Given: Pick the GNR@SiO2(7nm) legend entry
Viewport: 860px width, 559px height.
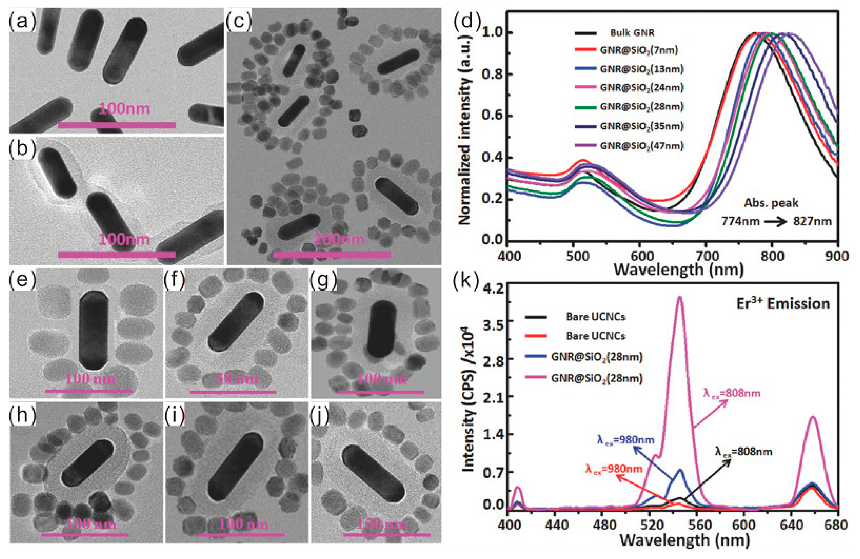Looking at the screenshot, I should [639, 50].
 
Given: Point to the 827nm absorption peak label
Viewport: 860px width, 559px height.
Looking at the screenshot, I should [812, 221].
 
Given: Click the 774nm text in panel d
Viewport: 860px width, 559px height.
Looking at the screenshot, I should [740, 221].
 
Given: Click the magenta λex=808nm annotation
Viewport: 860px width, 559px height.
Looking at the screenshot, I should [731, 393].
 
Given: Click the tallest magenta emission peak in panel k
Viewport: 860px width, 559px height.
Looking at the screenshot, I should [680, 298].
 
